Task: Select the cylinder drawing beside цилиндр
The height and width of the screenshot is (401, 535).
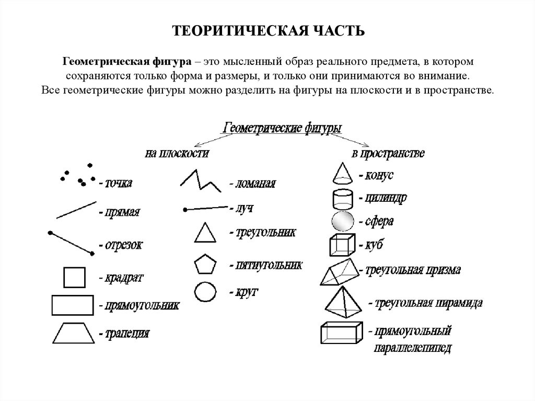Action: (342, 199)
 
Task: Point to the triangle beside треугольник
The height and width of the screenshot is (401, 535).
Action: (204, 233)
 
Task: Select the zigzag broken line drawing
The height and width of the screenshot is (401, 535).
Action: (200, 180)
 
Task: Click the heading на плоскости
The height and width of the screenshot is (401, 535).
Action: (177, 153)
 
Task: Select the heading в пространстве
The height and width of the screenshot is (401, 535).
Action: (388, 153)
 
